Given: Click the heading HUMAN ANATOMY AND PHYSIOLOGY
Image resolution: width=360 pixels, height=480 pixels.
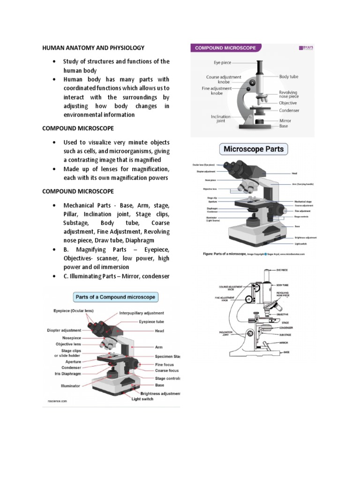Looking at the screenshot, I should click(x=93, y=48).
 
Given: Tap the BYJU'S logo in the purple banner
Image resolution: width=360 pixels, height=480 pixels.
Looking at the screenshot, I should click(x=306, y=48).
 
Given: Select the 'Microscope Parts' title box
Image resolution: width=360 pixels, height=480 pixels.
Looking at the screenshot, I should click(x=254, y=150).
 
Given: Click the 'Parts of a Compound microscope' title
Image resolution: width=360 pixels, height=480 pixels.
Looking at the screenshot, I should click(x=115, y=297).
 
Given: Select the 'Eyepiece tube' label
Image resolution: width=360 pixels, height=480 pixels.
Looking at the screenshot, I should click(x=151, y=322).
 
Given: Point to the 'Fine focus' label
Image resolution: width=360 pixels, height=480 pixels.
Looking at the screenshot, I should click(x=165, y=364).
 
